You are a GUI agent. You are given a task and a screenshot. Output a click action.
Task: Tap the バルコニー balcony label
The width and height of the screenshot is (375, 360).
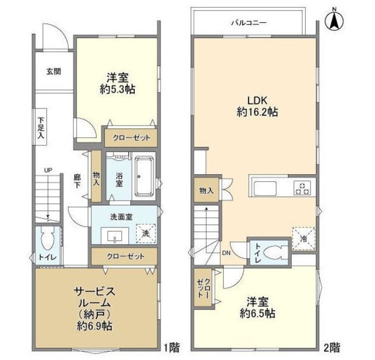coord(248,23)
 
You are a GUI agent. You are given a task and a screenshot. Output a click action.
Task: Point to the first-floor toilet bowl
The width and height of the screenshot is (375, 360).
coord(47,240)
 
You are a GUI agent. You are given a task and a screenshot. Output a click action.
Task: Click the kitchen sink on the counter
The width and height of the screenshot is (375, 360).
coord(267,189)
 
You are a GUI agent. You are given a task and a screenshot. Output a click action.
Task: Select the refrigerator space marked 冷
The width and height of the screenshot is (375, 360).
coord(303,238)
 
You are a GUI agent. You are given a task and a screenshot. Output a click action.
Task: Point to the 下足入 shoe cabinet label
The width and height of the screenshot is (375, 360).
coord(40,128)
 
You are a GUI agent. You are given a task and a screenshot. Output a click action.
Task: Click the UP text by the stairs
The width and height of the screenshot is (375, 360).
coord(50,171)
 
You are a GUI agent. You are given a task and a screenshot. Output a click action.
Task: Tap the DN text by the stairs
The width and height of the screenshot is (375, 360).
coord(226,254)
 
